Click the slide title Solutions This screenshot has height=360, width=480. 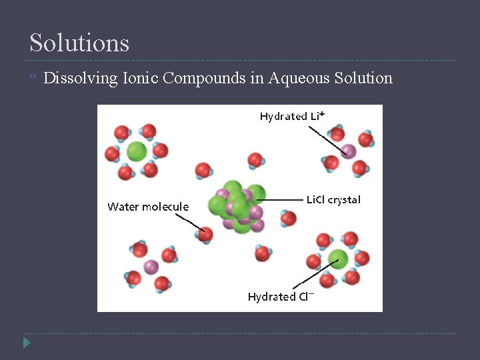coord(79,43)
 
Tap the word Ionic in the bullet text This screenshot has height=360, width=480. coord(140,78)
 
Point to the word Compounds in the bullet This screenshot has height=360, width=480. coord(205,78)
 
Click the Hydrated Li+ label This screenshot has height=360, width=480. coord(292,116)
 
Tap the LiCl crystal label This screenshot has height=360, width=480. coord(333,199)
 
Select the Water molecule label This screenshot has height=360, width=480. coord(148,207)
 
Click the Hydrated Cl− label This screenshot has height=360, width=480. coord(281,297)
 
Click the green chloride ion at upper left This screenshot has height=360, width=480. coord(137,151)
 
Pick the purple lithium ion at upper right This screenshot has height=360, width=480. coord(348,151)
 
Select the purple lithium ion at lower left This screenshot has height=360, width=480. coord(151,267)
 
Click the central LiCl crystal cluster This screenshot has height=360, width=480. coord(237,206)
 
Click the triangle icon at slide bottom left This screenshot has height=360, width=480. coord(26,343)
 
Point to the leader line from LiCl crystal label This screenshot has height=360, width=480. coord(285,199)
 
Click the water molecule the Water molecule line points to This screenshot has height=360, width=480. coord(205,234)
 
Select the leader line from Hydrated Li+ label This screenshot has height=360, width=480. coord(328,138)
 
